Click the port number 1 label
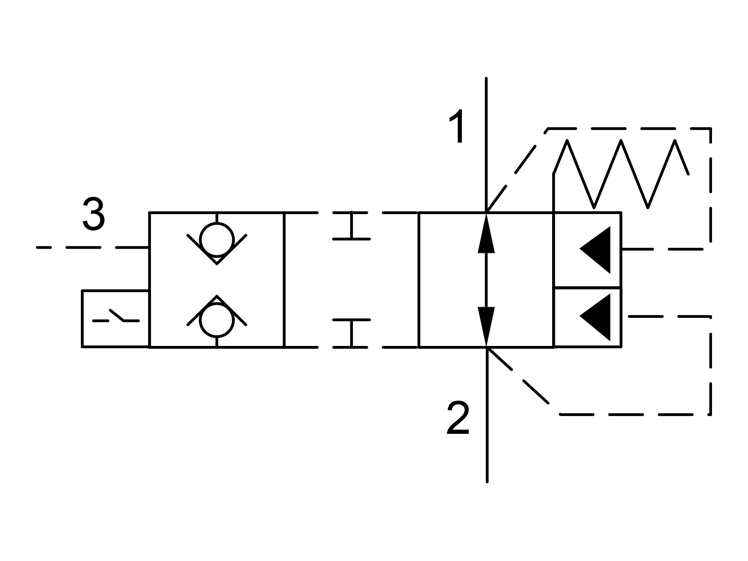pos(457,126)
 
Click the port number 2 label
pos(458,417)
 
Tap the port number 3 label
pos(93,214)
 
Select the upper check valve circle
pos(217,240)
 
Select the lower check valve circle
pos(217,320)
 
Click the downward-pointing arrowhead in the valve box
pos(486,327)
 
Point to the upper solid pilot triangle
pos(595,250)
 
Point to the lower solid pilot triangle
pos(595,317)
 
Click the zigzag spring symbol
pos(621,174)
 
